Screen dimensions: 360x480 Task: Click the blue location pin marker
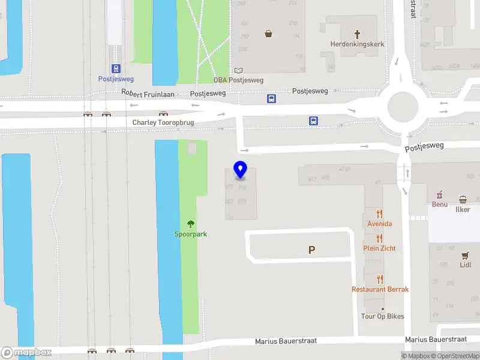241,170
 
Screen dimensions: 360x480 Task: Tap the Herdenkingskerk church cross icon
358,34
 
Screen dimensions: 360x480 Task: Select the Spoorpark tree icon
191,224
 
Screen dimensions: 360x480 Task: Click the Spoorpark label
191,234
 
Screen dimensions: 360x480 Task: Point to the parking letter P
311,250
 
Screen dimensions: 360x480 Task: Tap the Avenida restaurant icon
380,214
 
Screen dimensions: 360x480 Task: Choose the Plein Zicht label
379,248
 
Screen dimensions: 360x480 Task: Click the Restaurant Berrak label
380,289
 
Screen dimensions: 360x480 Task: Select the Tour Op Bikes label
382,316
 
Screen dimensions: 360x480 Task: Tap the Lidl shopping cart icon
466,255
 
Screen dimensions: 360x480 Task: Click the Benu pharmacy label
440,204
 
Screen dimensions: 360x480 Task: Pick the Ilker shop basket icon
463,199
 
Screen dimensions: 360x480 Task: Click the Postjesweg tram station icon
116,69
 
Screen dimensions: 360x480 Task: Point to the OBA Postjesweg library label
238,80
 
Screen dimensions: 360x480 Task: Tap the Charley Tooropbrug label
163,122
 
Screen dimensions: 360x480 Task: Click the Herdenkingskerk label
358,44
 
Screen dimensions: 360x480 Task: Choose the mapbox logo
26,353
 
